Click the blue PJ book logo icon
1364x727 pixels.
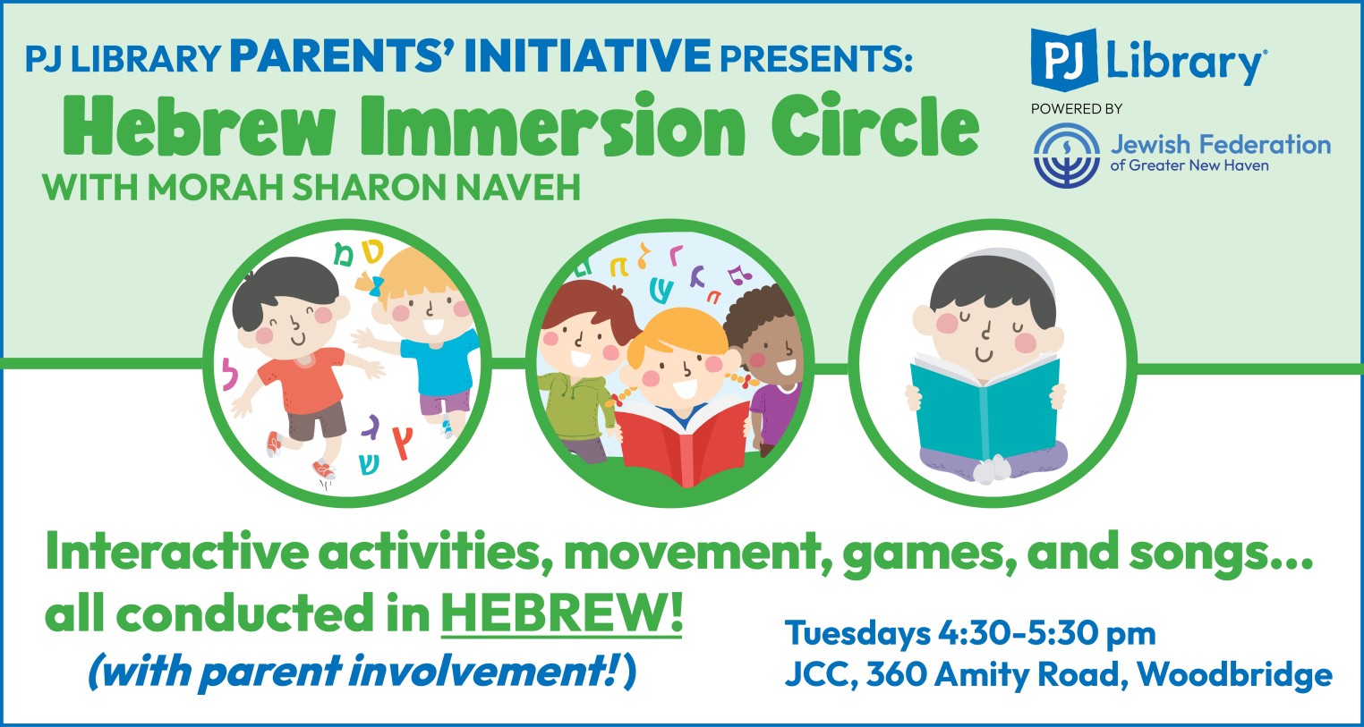coord(1064,59)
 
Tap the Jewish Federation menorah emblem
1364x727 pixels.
coord(1067,155)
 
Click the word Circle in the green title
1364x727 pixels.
coord(875,125)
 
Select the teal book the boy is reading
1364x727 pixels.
coord(985,406)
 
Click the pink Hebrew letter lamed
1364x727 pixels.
coord(230,373)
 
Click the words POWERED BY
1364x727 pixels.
coord(1076,109)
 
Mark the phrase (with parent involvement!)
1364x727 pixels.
coord(362,672)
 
